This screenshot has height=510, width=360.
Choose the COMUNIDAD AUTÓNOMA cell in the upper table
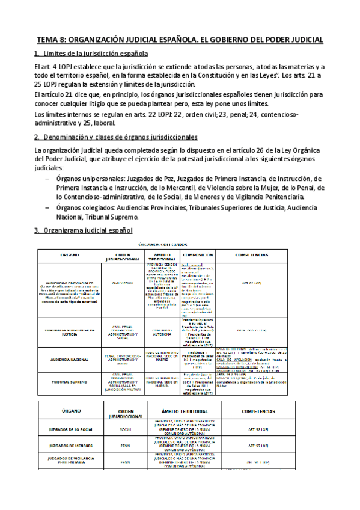159,315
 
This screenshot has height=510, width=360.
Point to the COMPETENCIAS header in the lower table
258,412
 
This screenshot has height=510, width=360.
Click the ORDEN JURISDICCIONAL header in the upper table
122,257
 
